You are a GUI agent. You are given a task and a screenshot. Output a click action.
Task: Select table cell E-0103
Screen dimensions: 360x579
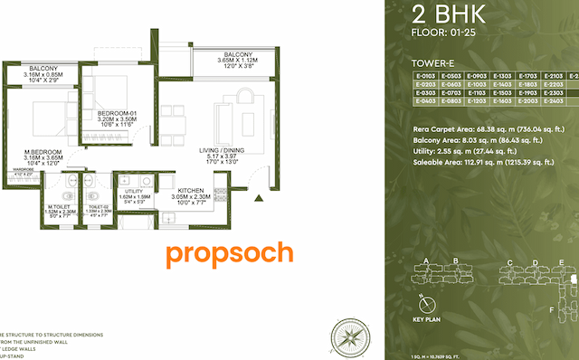point(424,75)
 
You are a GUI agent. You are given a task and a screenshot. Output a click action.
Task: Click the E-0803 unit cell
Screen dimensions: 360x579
point(451,101)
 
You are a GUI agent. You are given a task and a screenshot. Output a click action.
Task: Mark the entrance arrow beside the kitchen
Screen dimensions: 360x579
point(260,196)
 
